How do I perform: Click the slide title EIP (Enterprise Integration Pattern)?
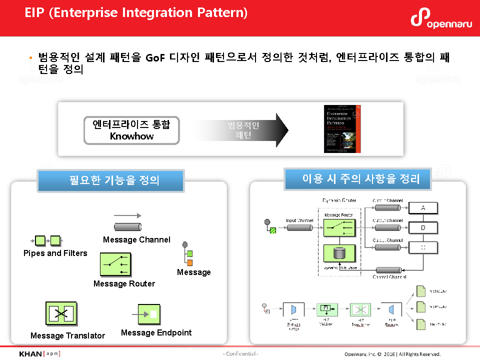click(136, 12)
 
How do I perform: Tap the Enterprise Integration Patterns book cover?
click(342, 129)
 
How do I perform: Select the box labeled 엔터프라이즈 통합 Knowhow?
click(131, 130)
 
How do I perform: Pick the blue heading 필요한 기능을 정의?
click(111, 180)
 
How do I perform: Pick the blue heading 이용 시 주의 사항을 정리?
click(357, 179)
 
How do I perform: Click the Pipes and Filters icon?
click(48, 240)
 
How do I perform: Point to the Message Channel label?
click(136, 239)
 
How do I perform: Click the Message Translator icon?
click(61, 314)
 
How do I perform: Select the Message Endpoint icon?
click(149, 314)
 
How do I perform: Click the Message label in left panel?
click(194, 272)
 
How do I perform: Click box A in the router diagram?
click(423, 208)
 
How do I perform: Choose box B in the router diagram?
click(423, 227)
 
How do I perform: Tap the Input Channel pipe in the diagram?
click(300, 227)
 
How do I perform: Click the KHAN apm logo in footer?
click(39, 353)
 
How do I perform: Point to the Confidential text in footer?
click(240, 354)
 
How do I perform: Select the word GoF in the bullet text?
click(156, 57)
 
